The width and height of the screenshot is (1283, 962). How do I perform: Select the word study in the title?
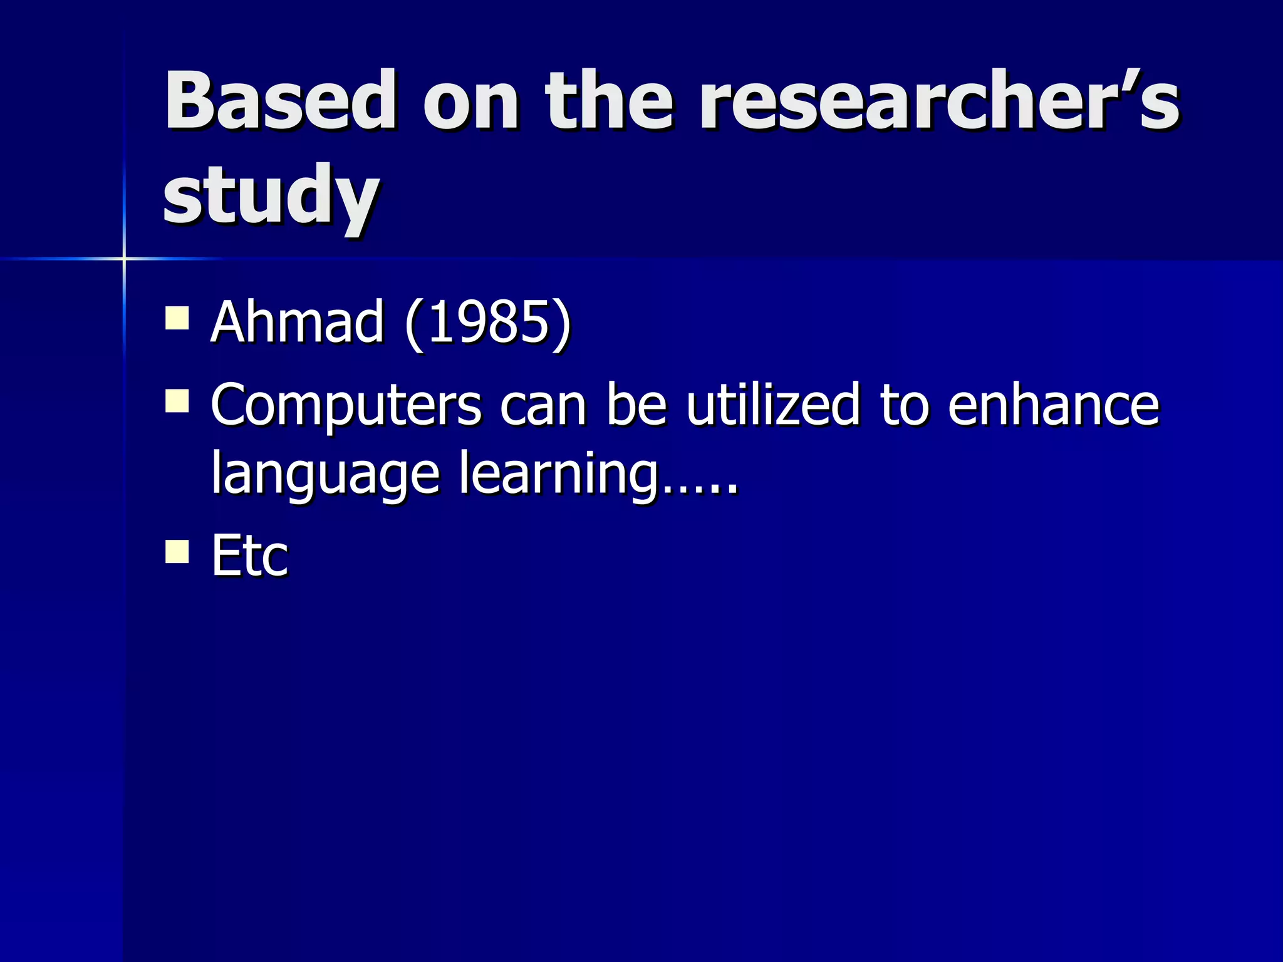pyautogui.click(x=271, y=195)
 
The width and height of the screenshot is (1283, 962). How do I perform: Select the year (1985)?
pyautogui.click(x=488, y=323)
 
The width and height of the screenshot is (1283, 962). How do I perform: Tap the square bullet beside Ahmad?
pyautogui.click(x=177, y=318)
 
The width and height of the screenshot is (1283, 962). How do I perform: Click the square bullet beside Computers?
pyautogui.click(x=177, y=401)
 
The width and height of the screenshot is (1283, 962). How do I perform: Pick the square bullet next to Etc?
pyautogui.click(x=177, y=552)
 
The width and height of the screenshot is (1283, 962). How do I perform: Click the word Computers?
pyautogui.click(x=346, y=406)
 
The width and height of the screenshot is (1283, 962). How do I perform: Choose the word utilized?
pyautogui.click(x=773, y=405)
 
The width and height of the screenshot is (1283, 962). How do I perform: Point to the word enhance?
pyautogui.click(x=1054, y=405)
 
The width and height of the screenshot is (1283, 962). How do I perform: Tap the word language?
pyautogui.click(x=325, y=473)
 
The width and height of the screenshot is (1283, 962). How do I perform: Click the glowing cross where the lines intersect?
pyautogui.click(x=124, y=258)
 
